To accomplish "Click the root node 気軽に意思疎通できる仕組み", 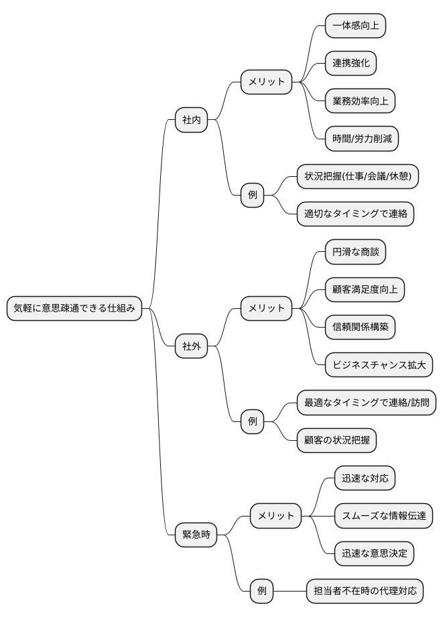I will point(74,309).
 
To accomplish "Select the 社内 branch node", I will point(191,121).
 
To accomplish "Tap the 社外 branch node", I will point(191,346).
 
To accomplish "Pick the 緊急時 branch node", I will point(196,535).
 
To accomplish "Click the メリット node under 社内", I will point(266,82).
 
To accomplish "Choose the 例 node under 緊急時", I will point(261,591).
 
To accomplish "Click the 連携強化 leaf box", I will point(351,64).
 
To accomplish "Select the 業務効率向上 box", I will point(360,101).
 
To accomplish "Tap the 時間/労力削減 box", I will point(362,139).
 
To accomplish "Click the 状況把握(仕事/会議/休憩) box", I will point(358,177).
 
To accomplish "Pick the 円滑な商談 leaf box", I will point(355,253).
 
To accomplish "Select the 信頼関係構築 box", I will point(360,328).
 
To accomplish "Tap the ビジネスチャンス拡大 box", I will point(379,365).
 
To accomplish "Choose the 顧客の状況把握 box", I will point(336,440).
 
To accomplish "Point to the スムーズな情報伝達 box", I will point(383,516).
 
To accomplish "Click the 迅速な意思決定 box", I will point(374,553).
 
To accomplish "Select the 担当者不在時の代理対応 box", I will point(365,591).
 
